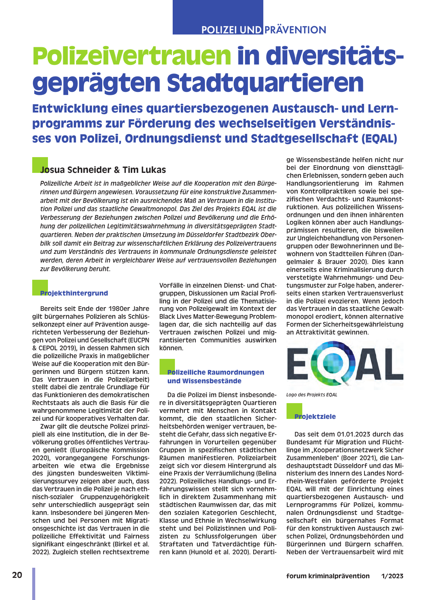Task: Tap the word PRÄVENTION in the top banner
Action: (x=295, y=30)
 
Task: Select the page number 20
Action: (x=17, y=575)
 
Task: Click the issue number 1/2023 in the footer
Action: (x=392, y=576)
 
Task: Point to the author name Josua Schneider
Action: (x=75, y=170)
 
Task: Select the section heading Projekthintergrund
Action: (x=74, y=293)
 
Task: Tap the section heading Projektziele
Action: (x=315, y=417)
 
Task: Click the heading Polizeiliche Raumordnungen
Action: (x=215, y=372)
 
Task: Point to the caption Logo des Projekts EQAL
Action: (x=312, y=395)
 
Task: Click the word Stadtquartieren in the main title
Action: (x=265, y=83)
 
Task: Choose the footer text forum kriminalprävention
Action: (x=328, y=576)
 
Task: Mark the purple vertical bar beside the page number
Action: (x=34, y=583)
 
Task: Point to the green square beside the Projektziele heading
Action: (x=294, y=411)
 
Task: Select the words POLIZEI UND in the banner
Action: (x=231, y=30)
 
